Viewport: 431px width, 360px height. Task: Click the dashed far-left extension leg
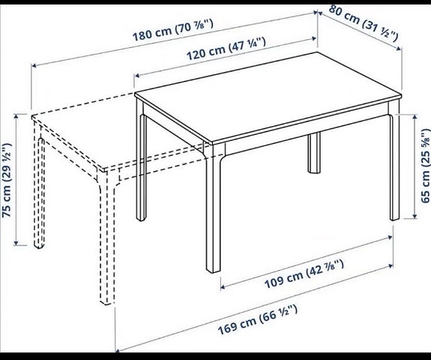37,187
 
